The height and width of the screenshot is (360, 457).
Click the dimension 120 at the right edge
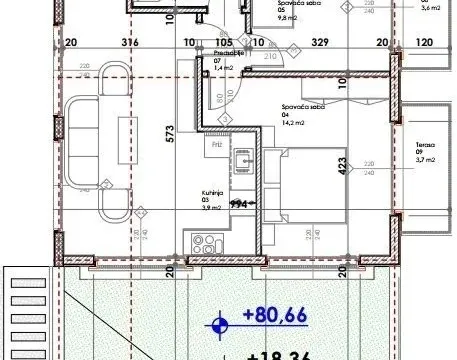(x=424, y=43)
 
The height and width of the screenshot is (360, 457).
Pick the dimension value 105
(x=223, y=43)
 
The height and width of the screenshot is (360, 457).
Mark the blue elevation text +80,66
(x=274, y=320)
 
